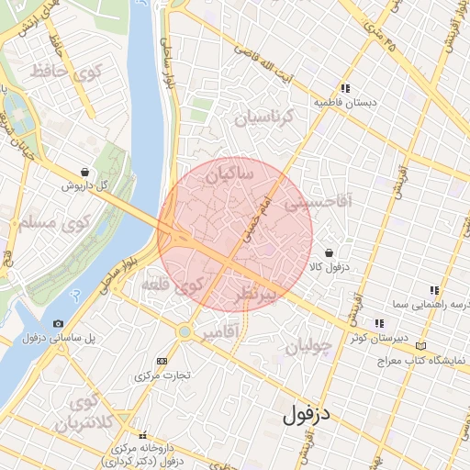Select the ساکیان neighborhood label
(229, 173)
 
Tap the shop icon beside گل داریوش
(85, 172)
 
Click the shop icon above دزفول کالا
(329, 252)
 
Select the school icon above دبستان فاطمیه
(344, 89)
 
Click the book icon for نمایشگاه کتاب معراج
(421, 346)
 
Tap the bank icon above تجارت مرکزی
(163, 361)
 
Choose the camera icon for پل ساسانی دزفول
(59, 324)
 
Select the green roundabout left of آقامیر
(185, 331)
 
